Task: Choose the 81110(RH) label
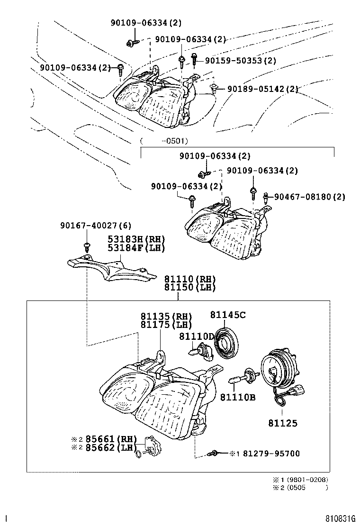190,279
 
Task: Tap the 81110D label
196,336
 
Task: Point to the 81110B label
238,397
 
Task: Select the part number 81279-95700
271,454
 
